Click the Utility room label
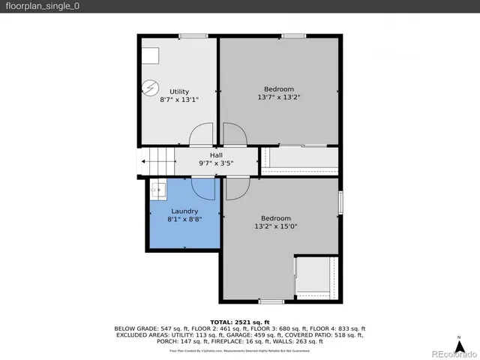(179, 91)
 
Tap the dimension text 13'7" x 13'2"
(278, 97)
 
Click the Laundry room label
(184, 211)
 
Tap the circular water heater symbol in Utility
(149, 88)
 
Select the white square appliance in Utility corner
(152, 55)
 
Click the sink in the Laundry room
(157, 190)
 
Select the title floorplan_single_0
(42, 6)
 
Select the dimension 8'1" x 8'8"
(184, 220)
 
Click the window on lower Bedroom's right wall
(340, 202)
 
